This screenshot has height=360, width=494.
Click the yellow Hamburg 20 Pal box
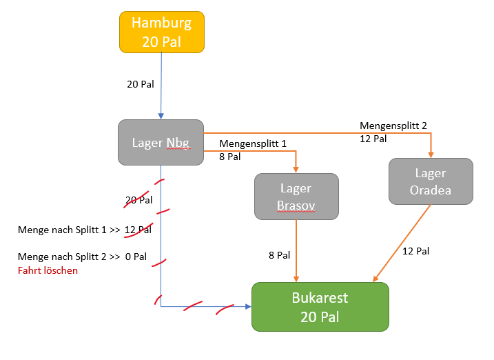pos(161,32)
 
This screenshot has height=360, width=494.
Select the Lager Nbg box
pos(161,142)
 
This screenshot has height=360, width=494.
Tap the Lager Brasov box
pos(296,197)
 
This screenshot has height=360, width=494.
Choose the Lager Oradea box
pos(431,181)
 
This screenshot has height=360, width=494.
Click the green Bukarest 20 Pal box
pos(320,308)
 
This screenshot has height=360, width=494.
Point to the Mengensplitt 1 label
pos(252,144)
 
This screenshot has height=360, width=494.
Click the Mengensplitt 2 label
pos(393,126)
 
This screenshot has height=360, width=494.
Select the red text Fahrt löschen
pos(48,270)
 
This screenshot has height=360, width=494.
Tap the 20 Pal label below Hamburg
pos(140,84)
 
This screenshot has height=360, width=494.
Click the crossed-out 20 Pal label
pos(138,201)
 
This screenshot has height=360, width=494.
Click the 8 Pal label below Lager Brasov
pos(279,255)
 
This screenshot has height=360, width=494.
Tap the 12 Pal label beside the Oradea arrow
pos(415,251)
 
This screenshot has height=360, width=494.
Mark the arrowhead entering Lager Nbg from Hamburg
pos(161,115)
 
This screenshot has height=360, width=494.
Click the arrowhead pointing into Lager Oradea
pos(431,154)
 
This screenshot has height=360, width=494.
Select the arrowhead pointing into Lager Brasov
pos(296,169)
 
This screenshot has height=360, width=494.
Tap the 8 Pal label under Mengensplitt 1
pos(230,157)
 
